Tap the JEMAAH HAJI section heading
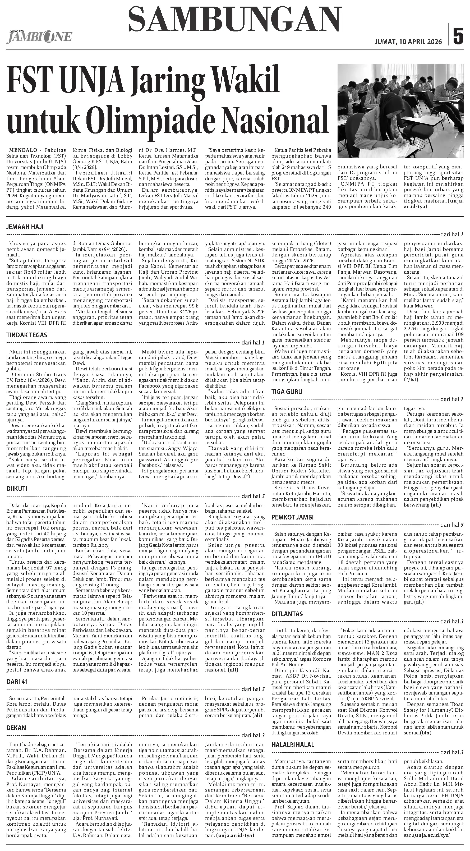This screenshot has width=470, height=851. [x=25, y=227]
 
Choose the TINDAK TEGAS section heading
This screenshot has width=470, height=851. [x=27, y=335]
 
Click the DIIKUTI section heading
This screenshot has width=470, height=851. [x=17, y=489]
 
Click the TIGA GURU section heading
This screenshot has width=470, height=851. [x=287, y=392]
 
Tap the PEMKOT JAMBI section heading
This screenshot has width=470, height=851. [x=292, y=517]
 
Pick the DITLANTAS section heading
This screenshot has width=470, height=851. [x=287, y=614]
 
